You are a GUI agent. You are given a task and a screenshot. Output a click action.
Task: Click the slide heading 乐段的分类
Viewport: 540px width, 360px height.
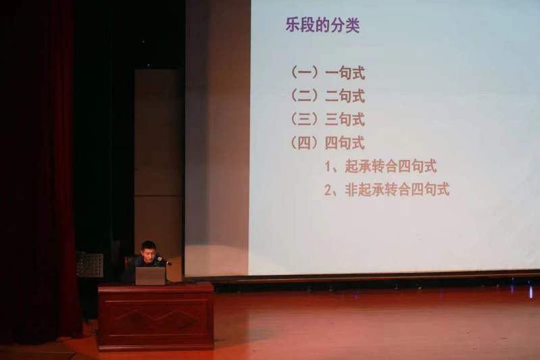pyautogui.click(x=322, y=25)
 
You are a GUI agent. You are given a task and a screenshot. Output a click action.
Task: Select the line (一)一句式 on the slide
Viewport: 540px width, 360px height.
pyautogui.click(x=328, y=73)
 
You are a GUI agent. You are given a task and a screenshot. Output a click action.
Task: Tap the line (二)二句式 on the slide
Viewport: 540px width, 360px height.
pyautogui.click(x=328, y=96)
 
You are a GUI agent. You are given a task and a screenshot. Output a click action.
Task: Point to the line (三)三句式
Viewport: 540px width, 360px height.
pyautogui.click(x=328, y=120)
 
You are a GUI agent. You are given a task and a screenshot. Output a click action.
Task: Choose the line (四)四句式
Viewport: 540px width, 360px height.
pyautogui.click(x=328, y=143)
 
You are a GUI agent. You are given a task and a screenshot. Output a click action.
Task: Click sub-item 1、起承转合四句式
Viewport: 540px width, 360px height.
pyautogui.click(x=381, y=166)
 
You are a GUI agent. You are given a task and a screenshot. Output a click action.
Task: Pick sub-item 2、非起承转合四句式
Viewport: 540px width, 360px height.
pyautogui.click(x=387, y=190)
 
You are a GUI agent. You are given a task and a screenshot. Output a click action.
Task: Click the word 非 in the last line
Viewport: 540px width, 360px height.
pyautogui.click(x=351, y=190)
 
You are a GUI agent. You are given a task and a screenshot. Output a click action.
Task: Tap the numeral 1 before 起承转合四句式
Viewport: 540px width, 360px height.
pyautogui.click(x=328, y=167)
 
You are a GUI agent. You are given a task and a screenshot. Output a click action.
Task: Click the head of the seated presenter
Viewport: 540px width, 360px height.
pyautogui.click(x=149, y=250)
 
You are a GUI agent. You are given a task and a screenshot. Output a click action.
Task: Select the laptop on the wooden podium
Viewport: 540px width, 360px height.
pyautogui.click(x=150, y=276)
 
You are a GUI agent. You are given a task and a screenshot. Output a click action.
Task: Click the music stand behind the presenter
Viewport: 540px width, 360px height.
pyautogui.click(x=89, y=265)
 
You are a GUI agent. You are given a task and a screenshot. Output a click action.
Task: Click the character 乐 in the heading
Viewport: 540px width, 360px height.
pyautogui.click(x=293, y=25)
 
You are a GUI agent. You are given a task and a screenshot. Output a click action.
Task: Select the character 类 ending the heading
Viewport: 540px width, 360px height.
pyautogui.click(x=353, y=26)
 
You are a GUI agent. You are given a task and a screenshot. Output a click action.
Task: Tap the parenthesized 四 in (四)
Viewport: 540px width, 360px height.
pyautogui.click(x=304, y=143)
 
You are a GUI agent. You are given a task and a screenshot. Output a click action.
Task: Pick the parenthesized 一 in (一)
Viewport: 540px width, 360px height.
pyautogui.click(x=304, y=73)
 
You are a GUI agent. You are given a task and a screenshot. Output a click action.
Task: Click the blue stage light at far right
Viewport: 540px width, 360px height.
pyautogui.click(x=531, y=292)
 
